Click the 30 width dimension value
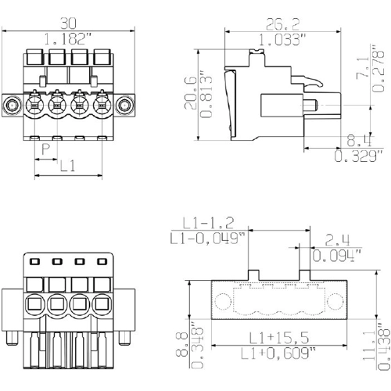(68, 23)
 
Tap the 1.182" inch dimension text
(68, 39)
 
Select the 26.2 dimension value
(283, 24)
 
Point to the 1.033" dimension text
(282, 40)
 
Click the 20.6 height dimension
(191, 93)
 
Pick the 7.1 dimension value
(363, 67)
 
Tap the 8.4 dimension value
(359, 141)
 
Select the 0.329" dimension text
(359, 156)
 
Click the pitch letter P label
(46, 149)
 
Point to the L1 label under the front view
(68, 166)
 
